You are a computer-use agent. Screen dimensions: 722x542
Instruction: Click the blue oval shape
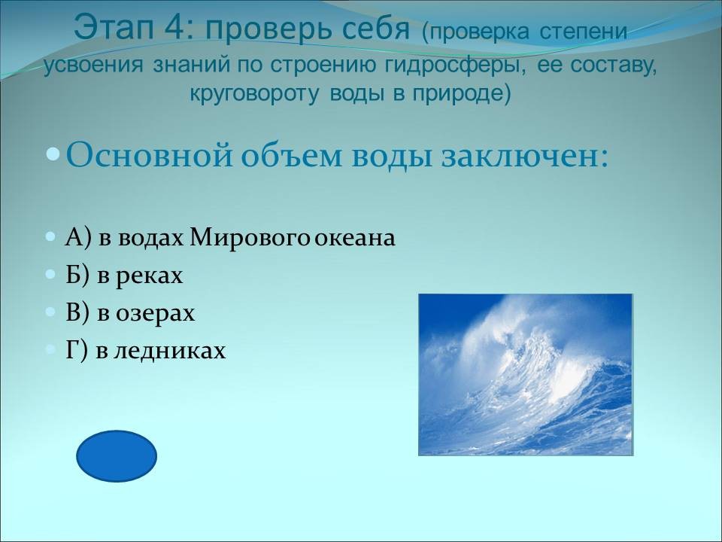pos(117,456)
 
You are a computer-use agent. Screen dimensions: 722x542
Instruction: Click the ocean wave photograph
pos(526,375)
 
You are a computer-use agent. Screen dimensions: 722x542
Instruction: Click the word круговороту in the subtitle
pos(254,93)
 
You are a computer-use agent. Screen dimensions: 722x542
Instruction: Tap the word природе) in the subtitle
pos(462,93)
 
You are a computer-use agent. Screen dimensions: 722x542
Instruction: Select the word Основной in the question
pos(149,156)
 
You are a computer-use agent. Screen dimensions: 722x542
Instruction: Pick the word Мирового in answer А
pos(249,239)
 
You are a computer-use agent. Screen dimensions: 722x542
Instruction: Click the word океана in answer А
pos(355,239)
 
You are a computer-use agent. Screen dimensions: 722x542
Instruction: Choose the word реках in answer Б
pos(149,276)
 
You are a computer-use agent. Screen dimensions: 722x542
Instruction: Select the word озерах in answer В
pos(155,313)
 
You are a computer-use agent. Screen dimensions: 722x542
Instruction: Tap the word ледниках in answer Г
pos(169,350)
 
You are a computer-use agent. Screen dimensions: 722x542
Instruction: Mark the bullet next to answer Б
pos(50,275)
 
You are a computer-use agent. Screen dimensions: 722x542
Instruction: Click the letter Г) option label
pos(77,350)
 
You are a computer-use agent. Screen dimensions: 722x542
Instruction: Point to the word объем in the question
pos(292,156)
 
